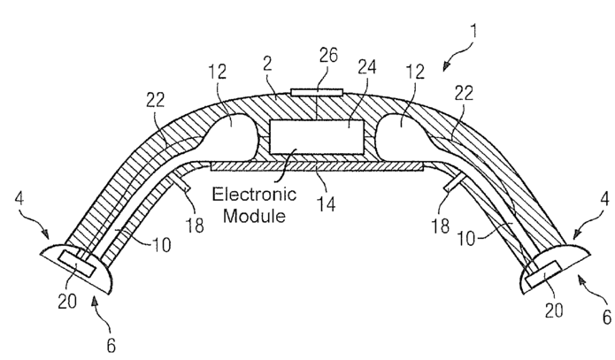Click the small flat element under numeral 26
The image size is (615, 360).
316,91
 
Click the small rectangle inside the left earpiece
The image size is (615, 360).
65,258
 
